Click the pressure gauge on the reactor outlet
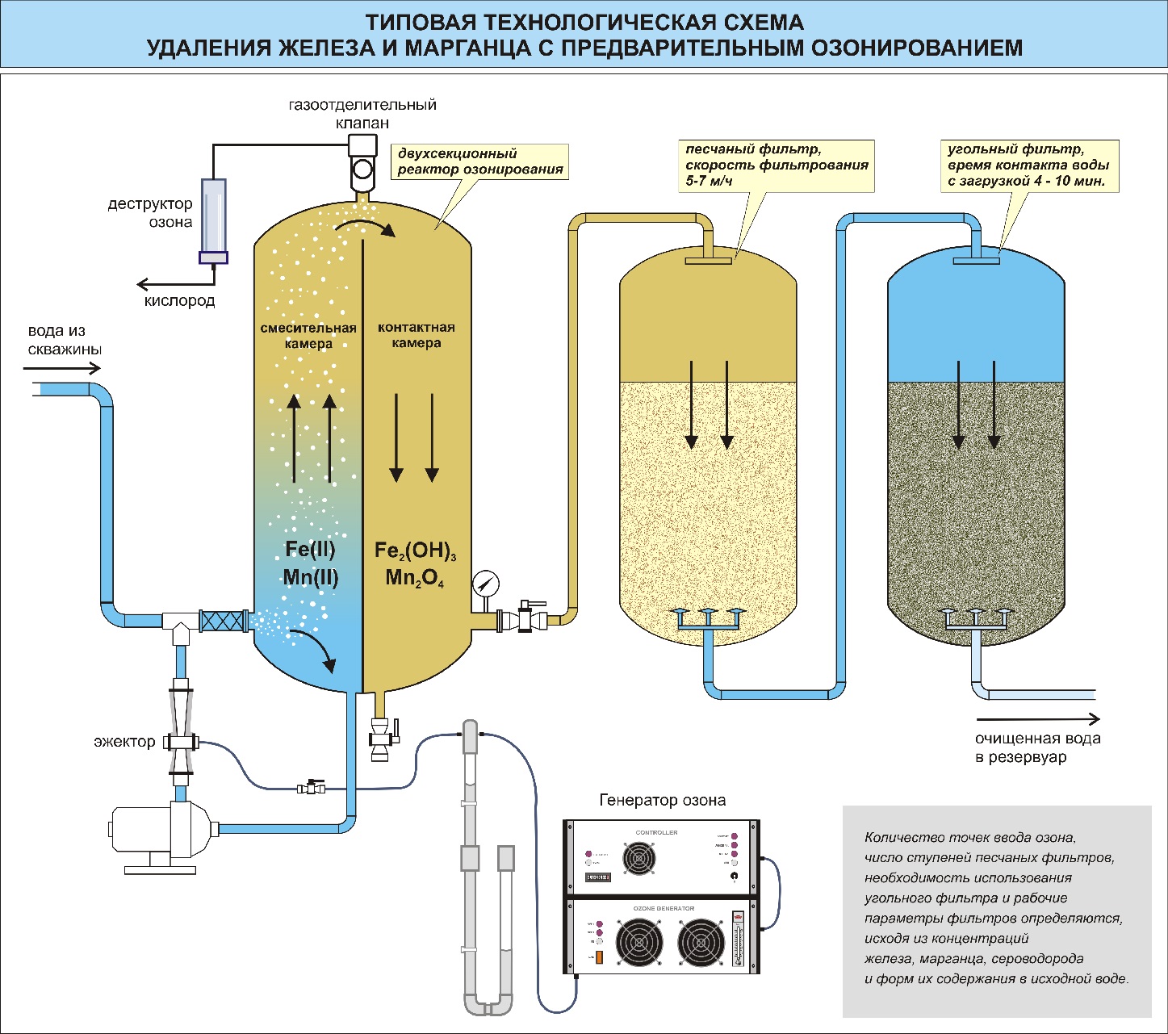click(x=487, y=583)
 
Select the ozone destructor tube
click(x=214, y=219)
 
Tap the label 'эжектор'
click(x=124, y=741)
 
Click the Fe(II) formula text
click(x=310, y=550)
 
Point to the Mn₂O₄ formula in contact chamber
click(x=415, y=578)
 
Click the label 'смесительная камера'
click(x=308, y=336)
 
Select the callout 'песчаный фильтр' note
click(x=777, y=165)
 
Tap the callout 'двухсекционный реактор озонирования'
click(x=479, y=161)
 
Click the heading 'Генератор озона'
click(x=662, y=800)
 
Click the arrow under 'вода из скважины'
click(x=62, y=369)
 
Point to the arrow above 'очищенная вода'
click(x=1038, y=718)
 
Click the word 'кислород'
click(x=180, y=301)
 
